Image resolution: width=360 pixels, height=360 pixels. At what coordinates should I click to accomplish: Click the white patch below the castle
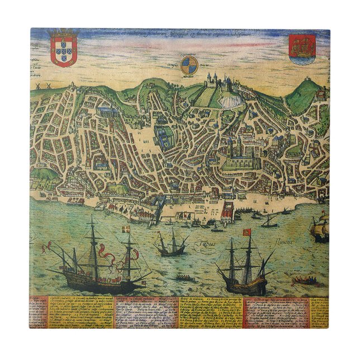pos(230,100)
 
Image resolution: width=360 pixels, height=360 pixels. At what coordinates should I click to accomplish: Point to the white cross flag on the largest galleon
pos(126,230)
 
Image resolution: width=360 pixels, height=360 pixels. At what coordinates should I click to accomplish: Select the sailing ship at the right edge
pos(320,230)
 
